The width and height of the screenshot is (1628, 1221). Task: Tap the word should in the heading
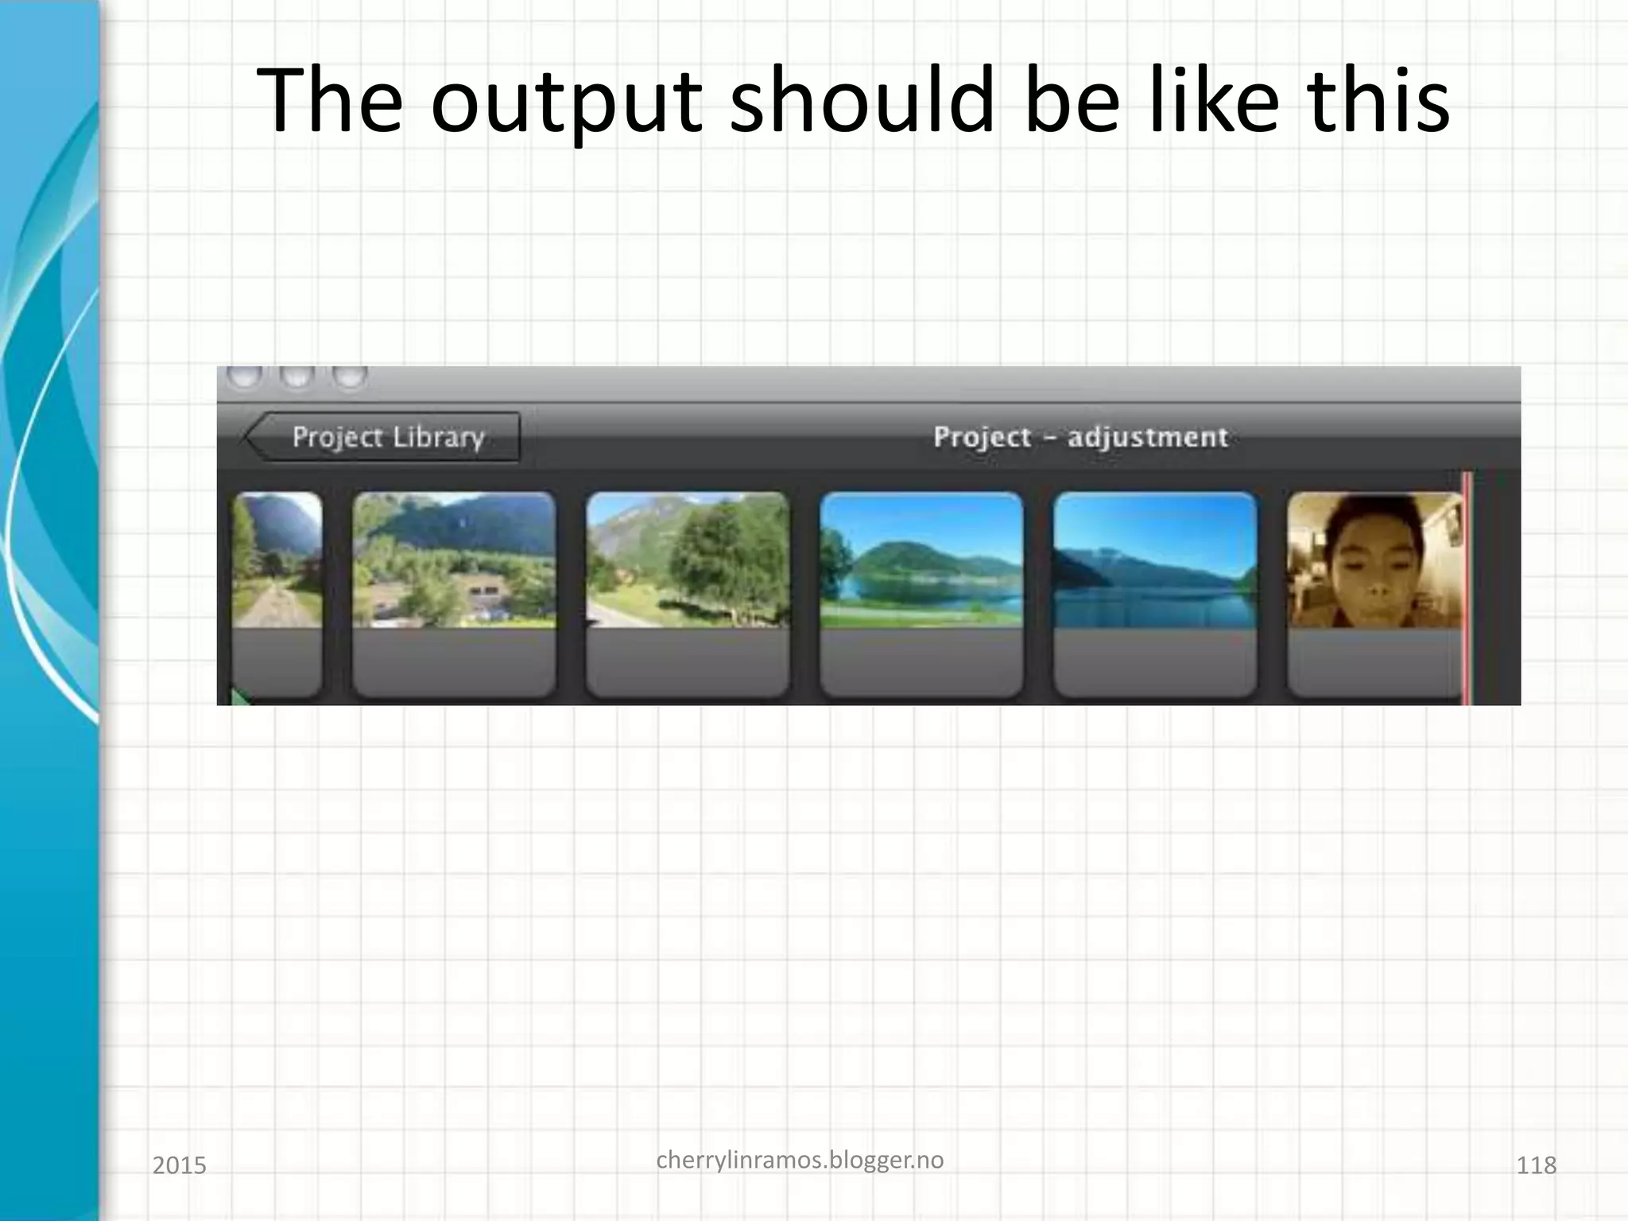[x=862, y=101]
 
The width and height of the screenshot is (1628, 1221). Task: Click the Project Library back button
[x=383, y=436]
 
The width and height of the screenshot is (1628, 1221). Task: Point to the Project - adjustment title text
[x=1080, y=436]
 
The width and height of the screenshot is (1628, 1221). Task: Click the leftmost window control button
[x=245, y=376]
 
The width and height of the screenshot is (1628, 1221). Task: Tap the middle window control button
[x=297, y=376]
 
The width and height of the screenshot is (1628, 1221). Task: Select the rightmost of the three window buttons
[x=349, y=376]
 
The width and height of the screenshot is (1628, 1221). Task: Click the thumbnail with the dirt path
[x=277, y=560]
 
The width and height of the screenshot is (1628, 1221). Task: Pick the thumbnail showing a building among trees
[x=454, y=560]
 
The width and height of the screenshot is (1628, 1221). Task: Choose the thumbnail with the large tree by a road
[x=688, y=560]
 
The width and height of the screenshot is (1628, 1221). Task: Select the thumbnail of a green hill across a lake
[x=921, y=560]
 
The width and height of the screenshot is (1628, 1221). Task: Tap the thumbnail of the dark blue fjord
[x=1155, y=560]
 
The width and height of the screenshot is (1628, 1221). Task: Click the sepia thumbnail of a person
[x=1374, y=560]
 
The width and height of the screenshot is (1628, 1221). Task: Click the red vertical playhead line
[x=1467, y=588]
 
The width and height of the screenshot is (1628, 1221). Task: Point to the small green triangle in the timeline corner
[x=238, y=698]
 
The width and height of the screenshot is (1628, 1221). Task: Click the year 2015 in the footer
[x=179, y=1165]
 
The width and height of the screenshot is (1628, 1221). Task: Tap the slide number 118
[x=1536, y=1165]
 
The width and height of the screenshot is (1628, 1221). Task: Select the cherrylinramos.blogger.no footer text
[x=800, y=1160]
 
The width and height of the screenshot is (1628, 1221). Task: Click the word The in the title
[x=329, y=101]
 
